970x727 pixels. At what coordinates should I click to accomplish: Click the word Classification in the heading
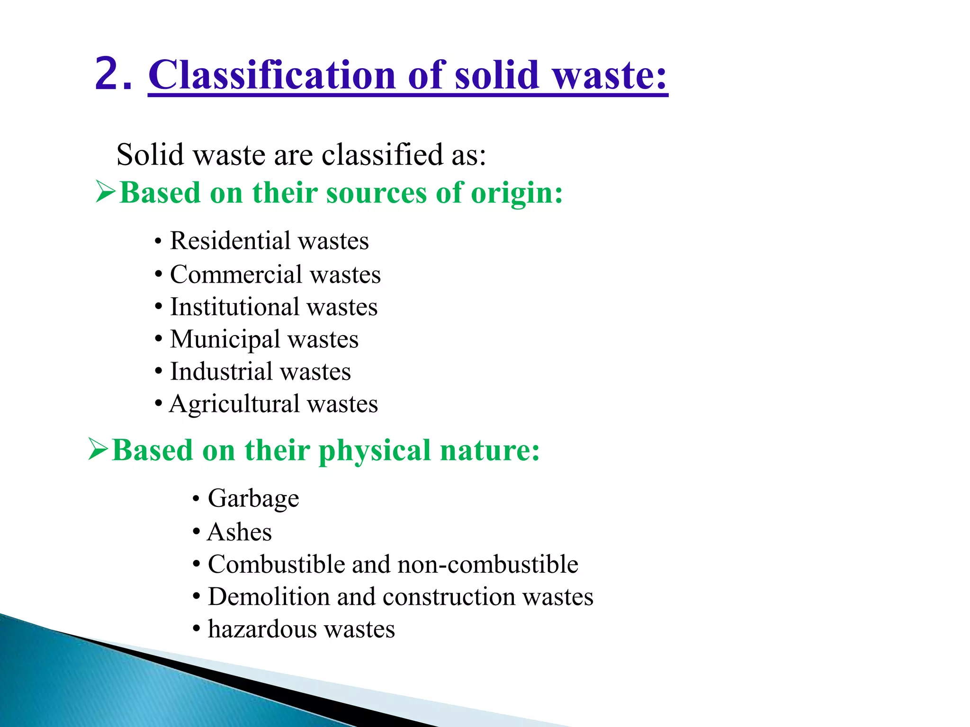(271, 75)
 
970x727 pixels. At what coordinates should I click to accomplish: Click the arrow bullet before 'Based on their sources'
(105, 192)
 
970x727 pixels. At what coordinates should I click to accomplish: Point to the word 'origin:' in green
(517, 193)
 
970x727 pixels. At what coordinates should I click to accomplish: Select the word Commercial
(236, 275)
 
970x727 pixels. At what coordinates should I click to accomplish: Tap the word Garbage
(253, 498)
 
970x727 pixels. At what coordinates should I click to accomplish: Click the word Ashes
(240, 532)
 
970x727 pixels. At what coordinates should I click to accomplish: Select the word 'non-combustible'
(488, 564)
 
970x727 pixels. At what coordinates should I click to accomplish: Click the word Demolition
(269, 596)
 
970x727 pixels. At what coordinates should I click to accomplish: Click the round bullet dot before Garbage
(196, 499)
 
